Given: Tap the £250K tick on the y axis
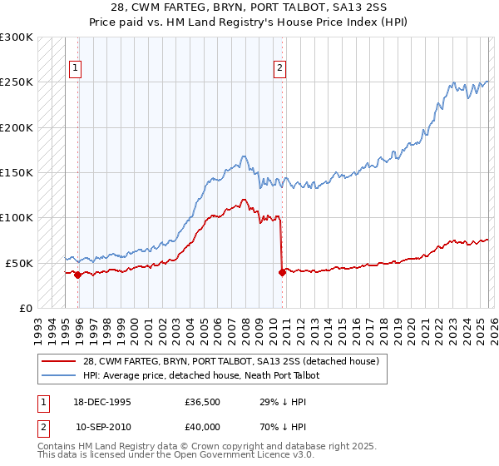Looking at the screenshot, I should (17, 82).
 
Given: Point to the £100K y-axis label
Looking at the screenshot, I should (17, 217).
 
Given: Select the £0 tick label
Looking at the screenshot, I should (25, 308).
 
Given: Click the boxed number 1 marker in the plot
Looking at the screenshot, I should (77, 69).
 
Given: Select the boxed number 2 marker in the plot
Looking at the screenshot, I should (280, 69).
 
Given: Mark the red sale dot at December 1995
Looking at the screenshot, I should (77, 275).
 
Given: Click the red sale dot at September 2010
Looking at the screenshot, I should (282, 271).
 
